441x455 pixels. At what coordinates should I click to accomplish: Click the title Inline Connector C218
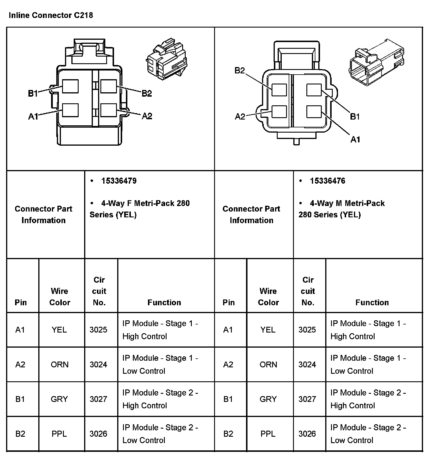tap(51, 15)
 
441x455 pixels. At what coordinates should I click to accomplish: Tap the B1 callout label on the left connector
tap(33, 93)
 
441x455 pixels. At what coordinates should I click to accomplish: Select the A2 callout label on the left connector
tap(147, 116)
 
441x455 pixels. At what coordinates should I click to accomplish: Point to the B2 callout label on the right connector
tap(240, 71)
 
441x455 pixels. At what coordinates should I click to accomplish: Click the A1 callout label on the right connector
tap(355, 140)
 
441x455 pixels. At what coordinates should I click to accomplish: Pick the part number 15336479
tap(119, 181)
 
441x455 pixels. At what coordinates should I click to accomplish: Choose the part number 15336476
tap(328, 181)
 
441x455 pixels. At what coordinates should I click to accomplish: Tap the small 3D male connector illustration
tap(376, 63)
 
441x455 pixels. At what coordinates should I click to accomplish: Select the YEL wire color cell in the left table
tap(59, 330)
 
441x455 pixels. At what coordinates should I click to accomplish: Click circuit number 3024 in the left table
tap(98, 364)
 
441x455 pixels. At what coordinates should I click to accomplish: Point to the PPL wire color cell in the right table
tap(268, 434)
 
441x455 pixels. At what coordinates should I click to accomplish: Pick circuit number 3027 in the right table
tap(307, 399)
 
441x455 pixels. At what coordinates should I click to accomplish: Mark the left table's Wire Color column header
tap(60, 297)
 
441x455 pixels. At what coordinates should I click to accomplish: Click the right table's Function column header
tap(372, 302)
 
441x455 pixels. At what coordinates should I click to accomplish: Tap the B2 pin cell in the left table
tap(20, 434)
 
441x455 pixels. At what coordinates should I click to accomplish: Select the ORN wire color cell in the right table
tap(268, 364)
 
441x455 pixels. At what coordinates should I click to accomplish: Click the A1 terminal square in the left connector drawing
tap(71, 110)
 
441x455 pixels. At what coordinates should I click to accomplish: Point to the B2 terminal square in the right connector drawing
tap(279, 90)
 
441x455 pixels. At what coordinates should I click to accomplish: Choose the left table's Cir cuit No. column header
tap(99, 291)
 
